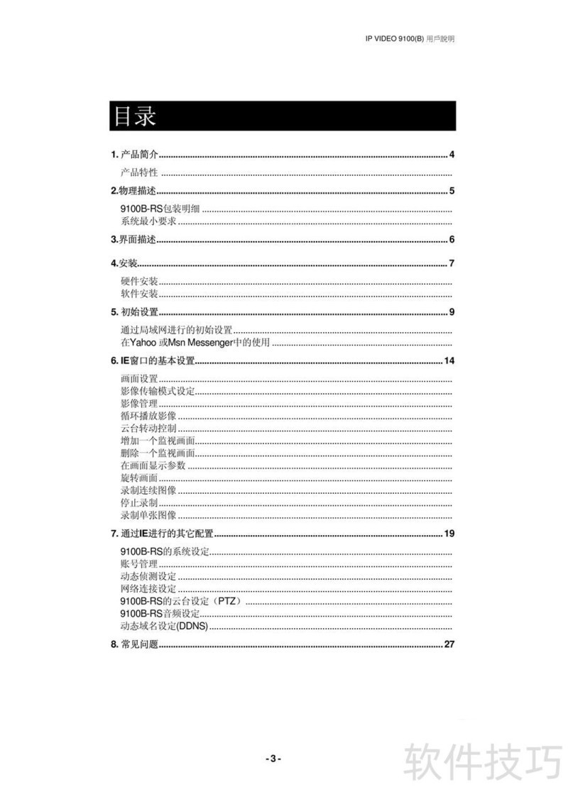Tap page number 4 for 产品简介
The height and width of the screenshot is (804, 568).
[x=452, y=155]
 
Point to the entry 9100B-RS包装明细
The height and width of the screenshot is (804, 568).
[x=160, y=209]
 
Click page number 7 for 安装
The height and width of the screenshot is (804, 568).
[x=452, y=264]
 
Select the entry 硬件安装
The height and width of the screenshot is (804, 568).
[x=139, y=282]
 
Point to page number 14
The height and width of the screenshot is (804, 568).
[x=449, y=361]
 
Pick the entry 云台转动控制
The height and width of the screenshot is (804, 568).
[x=148, y=429]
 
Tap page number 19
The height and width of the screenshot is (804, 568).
[x=449, y=533]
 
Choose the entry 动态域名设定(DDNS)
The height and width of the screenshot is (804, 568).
[x=164, y=626]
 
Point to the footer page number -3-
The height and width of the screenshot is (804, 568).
[x=273, y=759]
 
